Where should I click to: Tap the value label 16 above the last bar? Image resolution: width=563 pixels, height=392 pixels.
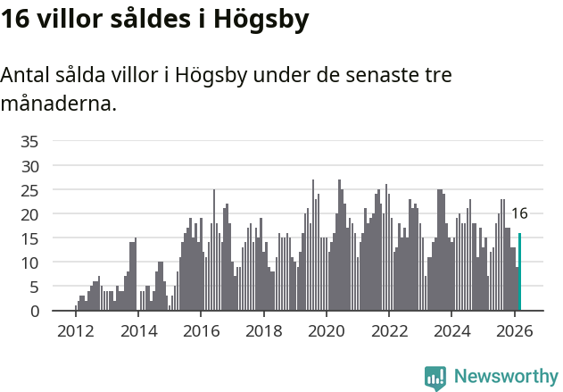tap(519, 213)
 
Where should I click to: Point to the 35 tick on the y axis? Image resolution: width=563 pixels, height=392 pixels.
tap(29, 141)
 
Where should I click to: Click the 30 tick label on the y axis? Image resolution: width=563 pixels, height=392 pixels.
tap(29, 165)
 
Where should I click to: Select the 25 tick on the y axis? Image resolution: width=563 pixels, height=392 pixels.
tap(29, 190)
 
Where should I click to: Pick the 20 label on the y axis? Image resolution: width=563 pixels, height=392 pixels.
tap(29, 214)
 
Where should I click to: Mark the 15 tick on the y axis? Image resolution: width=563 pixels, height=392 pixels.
tap(29, 238)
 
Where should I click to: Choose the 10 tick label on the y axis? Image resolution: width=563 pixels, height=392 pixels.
tap(29, 263)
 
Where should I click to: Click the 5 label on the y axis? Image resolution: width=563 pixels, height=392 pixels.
tap(34, 287)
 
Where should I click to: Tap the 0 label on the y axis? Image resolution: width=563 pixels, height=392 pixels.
tap(34, 311)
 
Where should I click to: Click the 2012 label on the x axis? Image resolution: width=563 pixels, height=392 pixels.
tap(75, 330)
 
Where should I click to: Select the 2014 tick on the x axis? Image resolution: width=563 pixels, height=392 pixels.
tap(137, 330)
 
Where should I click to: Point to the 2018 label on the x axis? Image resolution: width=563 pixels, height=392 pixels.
tap(263, 330)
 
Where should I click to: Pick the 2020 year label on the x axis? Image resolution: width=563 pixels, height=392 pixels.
tap(326, 330)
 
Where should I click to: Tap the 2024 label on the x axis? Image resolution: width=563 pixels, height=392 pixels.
tap(451, 330)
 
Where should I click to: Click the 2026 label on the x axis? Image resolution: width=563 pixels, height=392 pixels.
tap(514, 330)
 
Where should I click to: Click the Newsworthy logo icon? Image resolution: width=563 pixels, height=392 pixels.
tap(435, 378)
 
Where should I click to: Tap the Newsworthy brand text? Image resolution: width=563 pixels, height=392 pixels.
tap(505, 377)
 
